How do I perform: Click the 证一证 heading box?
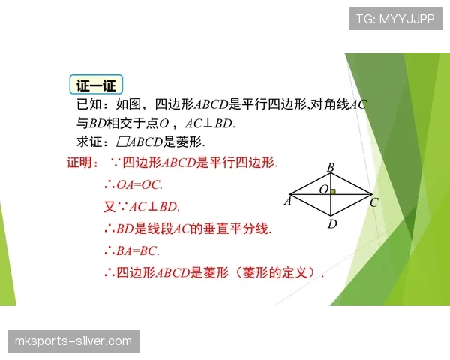pos(96,85)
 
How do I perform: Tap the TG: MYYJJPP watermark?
pos(394,19)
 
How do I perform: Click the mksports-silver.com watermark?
pos(73,341)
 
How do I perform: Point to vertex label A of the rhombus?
pos(287,201)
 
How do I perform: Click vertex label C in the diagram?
pos(373,201)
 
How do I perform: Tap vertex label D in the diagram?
pos(331,223)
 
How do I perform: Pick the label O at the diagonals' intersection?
pos(323,190)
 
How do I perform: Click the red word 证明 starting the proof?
pos(82,163)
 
